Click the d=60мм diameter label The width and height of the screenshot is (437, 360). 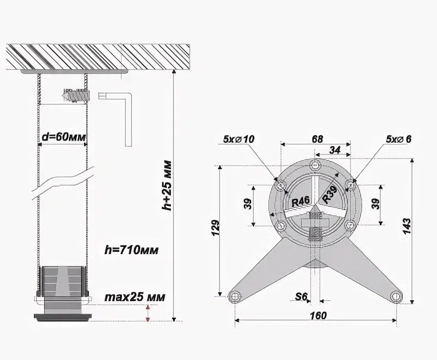pyautogui.click(x=64, y=137)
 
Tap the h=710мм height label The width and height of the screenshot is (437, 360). pyautogui.click(x=132, y=250)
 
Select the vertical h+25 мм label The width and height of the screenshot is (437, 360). pyautogui.click(x=167, y=185)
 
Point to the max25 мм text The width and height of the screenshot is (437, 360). pyautogui.click(x=135, y=297)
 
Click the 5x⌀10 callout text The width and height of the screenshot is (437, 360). pyautogui.click(x=239, y=139)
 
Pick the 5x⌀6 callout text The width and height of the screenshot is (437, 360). pyautogui.click(x=399, y=139)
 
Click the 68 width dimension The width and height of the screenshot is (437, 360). pyautogui.click(x=317, y=139)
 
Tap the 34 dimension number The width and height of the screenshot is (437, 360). pyautogui.click(x=335, y=150)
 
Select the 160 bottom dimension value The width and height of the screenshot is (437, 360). pyautogui.click(x=318, y=316)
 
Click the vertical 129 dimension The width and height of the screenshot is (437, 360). pyautogui.click(x=216, y=228)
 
